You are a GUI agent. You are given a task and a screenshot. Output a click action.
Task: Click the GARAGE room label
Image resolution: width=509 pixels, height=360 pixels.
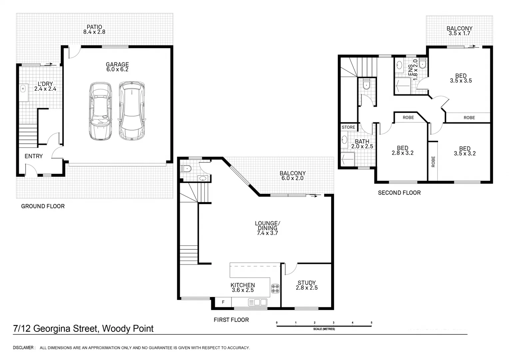point(117,65)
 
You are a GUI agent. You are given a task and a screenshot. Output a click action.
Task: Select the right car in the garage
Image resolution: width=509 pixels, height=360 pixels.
point(132,110)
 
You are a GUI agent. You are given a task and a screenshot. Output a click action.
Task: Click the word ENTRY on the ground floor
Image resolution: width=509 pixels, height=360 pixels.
point(34,156)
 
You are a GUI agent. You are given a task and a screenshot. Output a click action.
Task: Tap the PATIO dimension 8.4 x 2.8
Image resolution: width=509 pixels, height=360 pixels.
point(94,32)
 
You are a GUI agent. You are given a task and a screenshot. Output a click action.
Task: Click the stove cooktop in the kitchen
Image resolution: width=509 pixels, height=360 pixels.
point(275,288)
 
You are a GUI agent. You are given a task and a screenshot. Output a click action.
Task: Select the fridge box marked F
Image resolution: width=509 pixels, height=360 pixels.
point(223,302)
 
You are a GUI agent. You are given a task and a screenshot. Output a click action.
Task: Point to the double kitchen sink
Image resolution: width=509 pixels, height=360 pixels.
point(257,302)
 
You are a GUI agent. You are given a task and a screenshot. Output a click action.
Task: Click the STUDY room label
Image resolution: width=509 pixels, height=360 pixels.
point(306,283)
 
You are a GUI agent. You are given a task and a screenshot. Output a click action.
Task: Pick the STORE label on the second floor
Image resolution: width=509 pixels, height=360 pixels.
point(348,127)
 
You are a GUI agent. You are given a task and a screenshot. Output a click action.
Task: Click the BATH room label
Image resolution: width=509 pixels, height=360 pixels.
point(362,142)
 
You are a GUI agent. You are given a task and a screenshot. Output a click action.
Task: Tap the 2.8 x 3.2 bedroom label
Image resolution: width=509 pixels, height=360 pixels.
point(402,151)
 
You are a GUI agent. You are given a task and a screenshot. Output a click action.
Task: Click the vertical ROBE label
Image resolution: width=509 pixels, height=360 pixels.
point(433,162)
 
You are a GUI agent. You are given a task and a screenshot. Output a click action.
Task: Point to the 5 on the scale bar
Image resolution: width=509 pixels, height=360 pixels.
point(371,323)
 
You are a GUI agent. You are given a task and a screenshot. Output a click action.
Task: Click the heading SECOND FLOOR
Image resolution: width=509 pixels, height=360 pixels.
point(399,193)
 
